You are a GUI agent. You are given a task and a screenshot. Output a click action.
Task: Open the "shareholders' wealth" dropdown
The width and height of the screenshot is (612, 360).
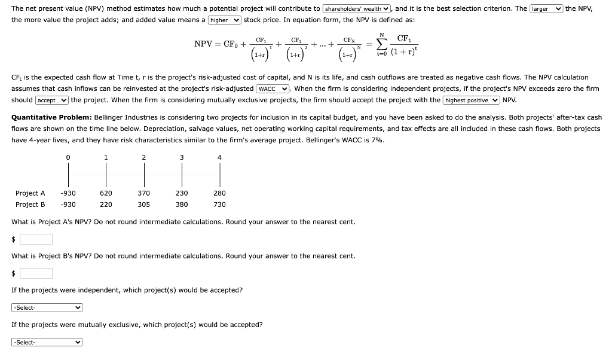click(x=357, y=8)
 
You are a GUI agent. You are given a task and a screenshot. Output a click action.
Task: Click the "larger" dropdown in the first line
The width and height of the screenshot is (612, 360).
click(x=546, y=8)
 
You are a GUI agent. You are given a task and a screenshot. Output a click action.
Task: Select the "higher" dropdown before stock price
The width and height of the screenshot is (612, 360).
click(x=225, y=20)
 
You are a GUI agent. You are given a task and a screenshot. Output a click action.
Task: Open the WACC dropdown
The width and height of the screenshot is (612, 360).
click(x=273, y=89)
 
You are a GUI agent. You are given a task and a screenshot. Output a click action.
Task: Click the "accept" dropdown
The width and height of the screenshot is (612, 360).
click(x=52, y=100)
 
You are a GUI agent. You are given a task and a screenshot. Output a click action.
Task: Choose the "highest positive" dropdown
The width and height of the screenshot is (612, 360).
click(x=472, y=100)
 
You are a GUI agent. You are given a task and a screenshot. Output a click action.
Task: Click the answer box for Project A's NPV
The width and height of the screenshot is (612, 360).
click(x=36, y=239)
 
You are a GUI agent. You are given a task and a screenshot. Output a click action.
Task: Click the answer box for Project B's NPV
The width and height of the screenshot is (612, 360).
click(x=36, y=273)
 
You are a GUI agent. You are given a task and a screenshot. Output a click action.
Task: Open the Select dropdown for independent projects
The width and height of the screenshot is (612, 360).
click(x=47, y=307)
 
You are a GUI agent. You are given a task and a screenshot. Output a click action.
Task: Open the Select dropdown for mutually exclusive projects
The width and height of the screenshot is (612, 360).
click(x=47, y=342)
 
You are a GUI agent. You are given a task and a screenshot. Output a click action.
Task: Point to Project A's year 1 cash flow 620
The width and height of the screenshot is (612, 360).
click(x=106, y=193)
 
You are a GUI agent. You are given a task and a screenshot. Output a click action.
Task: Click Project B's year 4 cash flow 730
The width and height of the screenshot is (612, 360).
click(x=219, y=205)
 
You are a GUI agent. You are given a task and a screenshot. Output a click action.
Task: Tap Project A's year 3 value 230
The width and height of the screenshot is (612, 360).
click(x=182, y=193)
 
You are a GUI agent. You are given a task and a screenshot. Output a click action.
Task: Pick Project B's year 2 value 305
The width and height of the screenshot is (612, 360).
click(x=143, y=205)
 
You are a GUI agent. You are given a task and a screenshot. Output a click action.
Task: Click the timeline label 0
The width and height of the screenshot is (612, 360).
click(x=68, y=157)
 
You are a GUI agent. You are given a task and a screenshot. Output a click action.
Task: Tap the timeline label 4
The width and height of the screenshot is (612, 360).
click(x=219, y=157)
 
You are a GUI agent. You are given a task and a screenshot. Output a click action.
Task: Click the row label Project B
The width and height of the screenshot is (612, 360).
click(x=30, y=205)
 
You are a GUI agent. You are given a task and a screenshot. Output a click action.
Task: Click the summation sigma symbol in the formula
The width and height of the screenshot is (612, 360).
click(x=381, y=44)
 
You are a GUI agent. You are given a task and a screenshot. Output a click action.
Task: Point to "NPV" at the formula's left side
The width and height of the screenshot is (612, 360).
click(x=205, y=44)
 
